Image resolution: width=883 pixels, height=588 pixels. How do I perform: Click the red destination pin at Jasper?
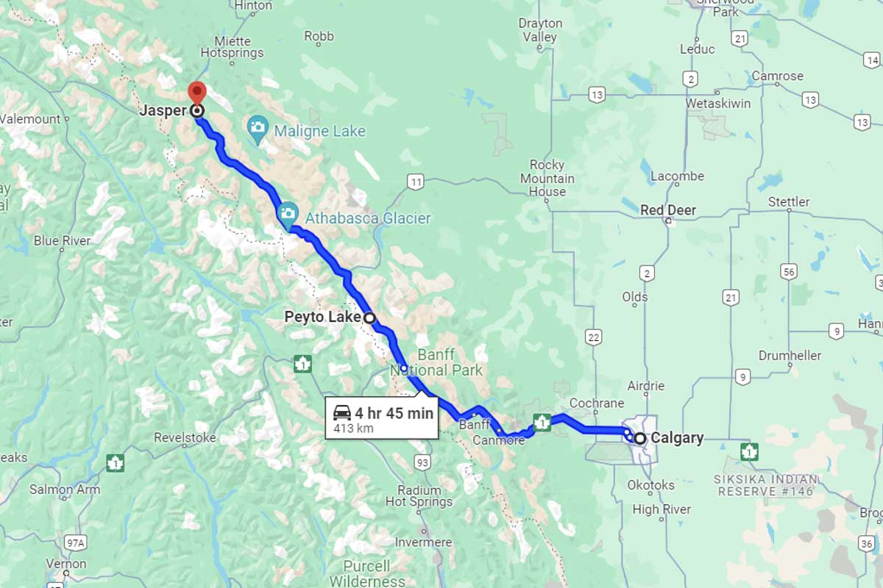196,93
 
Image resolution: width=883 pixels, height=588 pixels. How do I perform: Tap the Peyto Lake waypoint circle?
370,318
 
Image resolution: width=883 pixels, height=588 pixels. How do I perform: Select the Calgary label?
677,438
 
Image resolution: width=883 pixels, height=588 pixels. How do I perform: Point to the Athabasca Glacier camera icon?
288,215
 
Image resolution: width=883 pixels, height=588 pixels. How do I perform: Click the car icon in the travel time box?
341,412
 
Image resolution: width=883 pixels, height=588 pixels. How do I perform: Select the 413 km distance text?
353,429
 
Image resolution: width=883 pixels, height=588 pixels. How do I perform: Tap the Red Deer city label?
667,210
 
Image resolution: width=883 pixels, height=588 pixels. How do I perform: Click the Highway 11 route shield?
416,182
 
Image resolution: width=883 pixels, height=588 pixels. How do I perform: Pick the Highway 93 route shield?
422,462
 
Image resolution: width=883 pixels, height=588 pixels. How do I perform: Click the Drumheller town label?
790,356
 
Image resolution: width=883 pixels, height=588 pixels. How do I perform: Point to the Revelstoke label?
185,438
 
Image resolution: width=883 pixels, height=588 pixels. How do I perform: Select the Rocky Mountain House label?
547,178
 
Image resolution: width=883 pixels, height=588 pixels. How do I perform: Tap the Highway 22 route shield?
593,337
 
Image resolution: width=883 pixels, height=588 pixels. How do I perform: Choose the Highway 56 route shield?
790,273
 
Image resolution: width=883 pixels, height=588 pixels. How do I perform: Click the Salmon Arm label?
65,490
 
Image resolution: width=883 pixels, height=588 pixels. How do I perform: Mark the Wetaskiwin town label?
718,104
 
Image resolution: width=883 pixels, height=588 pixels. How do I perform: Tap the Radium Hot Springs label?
419,496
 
